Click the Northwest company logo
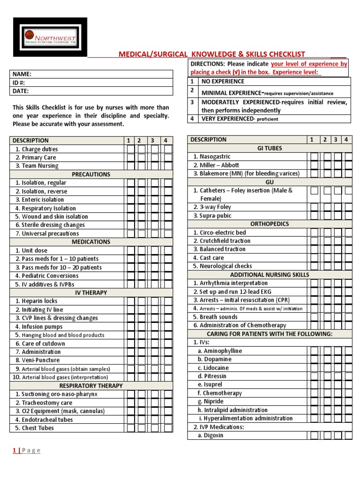click(50, 37)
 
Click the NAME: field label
click(22, 74)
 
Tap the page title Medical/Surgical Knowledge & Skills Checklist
click(212, 54)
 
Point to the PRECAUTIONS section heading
click(91, 174)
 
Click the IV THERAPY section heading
click(91, 292)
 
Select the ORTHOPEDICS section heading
click(270, 224)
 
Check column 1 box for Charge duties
click(130, 149)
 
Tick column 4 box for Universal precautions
click(167, 233)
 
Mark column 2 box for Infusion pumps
click(142, 326)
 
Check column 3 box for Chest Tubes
click(155, 427)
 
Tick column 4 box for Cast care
click(348, 258)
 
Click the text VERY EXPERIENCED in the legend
click(227, 119)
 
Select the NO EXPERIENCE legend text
click(223, 82)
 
